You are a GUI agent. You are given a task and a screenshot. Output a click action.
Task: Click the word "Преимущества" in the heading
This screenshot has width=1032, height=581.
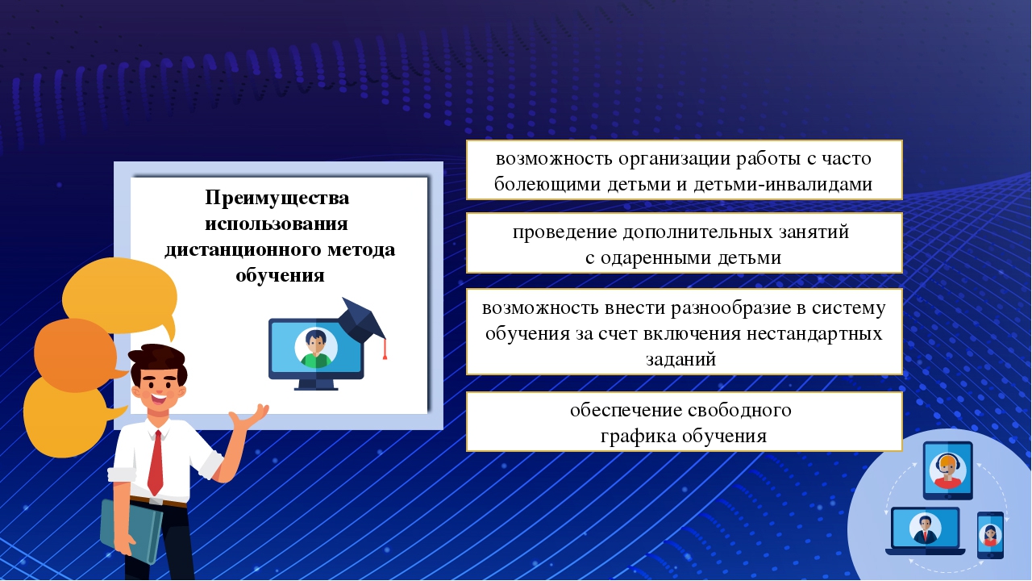(x=277, y=199)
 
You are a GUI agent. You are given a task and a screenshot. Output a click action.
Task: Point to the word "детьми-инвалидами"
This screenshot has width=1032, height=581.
(x=783, y=185)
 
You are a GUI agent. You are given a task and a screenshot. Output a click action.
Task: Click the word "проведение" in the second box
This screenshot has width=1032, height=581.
(x=565, y=232)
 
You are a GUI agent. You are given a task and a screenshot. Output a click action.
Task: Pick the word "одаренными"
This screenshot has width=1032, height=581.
(x=655, y=257)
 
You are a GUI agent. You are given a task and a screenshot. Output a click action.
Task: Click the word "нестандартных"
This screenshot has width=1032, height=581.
(x=814, y=333)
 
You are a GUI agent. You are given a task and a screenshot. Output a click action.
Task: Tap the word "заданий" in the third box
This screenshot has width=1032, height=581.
(x=681, y=359)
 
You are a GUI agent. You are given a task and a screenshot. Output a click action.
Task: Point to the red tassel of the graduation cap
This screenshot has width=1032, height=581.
(x=385, y=349)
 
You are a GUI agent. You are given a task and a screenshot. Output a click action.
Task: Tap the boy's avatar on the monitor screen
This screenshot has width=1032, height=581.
(x=316, y=348)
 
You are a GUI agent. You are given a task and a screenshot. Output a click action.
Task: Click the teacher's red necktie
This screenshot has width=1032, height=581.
(x=156, y=463)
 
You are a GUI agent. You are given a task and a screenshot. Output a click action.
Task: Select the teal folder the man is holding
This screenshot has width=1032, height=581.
(x=131, y=531)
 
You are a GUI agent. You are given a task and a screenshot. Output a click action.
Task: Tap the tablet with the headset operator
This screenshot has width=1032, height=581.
(x=947, y=470)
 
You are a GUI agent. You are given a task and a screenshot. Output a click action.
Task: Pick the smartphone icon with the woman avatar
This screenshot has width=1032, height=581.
(x=991, y=535)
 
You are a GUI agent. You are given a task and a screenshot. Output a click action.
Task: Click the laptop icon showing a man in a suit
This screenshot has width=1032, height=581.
(x=925, y=531)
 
